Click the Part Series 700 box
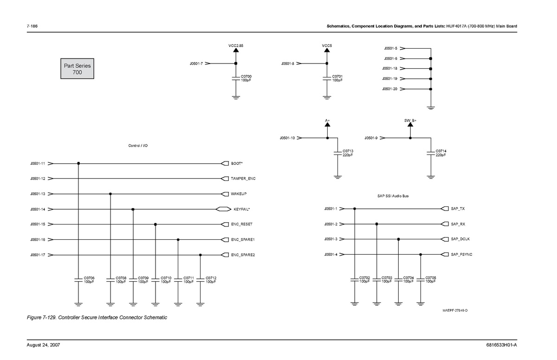tap(78, 69)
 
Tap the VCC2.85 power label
tap(236, 46)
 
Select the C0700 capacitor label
tap(246, 77)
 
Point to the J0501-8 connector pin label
tap(288, 64)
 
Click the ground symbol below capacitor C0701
tap(327, 97)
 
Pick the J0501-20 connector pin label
tap(389, 89)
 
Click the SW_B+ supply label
tap(410, 121)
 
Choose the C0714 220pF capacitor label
tap(441, 153)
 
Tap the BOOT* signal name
tap(237, 163)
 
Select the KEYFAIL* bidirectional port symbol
tap(223, 209)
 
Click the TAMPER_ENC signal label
tap(243, 179)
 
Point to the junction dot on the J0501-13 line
tap(110, 194)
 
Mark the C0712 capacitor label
tap(211, 278)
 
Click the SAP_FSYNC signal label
tap(461, 254)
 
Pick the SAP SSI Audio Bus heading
tap(393, 196)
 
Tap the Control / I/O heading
tap(138, 146)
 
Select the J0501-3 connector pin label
tap(330, 239)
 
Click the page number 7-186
tap(32, 26)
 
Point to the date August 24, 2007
tap(43, 345)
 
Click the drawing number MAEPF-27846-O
tap(455, 310)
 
